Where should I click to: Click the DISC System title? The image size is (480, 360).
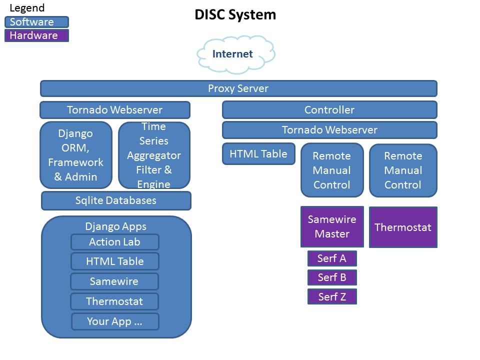tap(235, 15)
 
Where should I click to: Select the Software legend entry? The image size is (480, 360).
tap(36, 22)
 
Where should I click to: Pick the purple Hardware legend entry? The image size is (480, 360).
tap(36, 35)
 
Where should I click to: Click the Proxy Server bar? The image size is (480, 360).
tap(238, 88)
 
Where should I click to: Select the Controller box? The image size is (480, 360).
tap(329, 110)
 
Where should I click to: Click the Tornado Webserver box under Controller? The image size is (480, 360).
tap(329, 130)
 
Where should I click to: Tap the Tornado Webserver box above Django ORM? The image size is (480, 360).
tap(115, 110)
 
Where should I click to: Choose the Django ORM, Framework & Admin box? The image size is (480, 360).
tap(76, 155)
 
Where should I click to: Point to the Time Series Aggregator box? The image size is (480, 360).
tap(154, 155)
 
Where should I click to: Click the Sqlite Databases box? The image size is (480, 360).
tap(116, 200)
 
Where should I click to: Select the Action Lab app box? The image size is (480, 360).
tap(115, 242)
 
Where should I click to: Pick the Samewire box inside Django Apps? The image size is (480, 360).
tap(114, 281)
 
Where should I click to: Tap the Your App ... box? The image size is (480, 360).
tap(115, 321)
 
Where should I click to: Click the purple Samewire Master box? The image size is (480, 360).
tap(332, 226)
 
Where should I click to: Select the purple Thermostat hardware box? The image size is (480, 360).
tap(403, 227)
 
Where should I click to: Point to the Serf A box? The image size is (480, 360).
tap(332, 258)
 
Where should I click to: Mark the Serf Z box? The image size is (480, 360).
tap(332, 296)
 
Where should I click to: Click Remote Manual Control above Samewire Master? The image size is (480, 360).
tap(332, 170)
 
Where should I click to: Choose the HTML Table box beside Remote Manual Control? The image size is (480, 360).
tap(258, 154)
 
